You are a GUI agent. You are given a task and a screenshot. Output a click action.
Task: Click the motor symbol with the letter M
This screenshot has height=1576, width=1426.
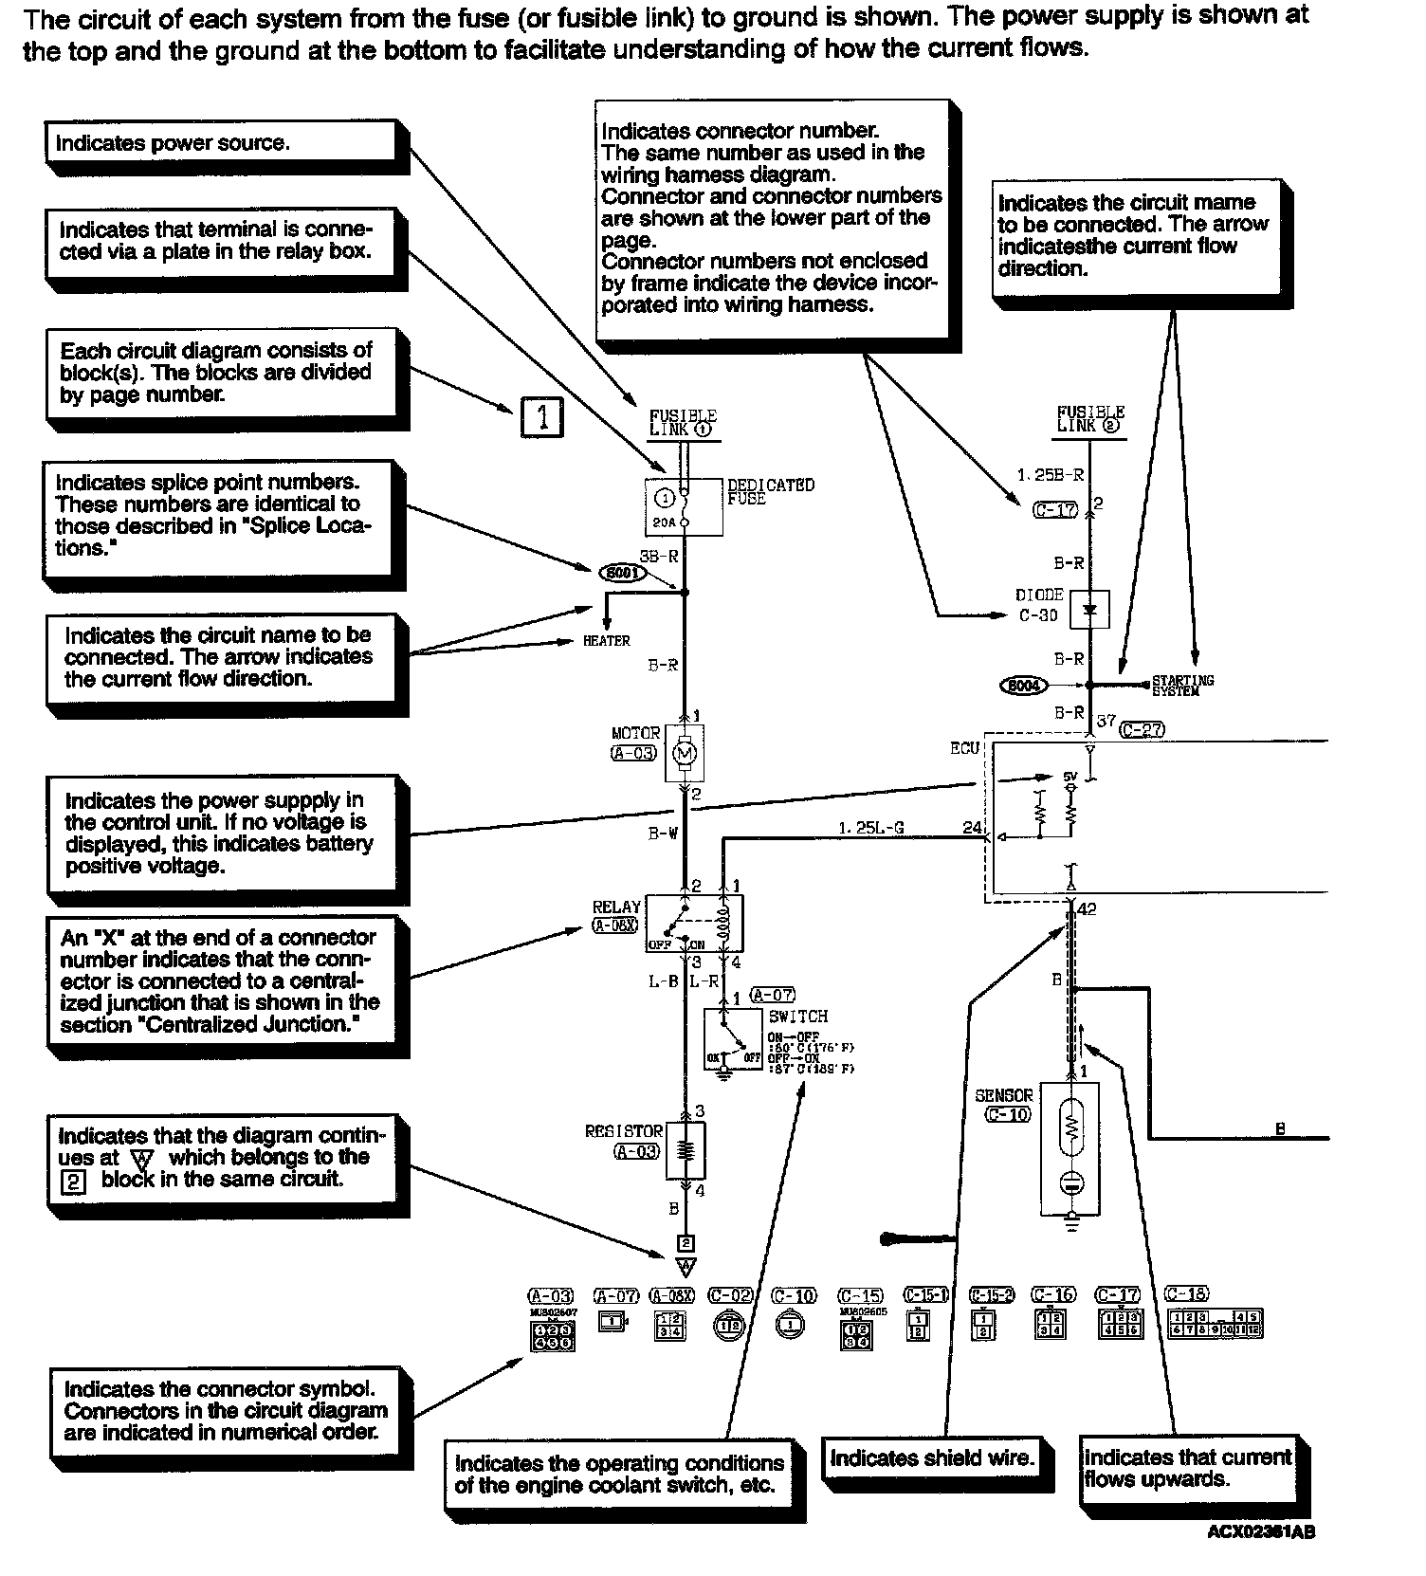pos(684,754)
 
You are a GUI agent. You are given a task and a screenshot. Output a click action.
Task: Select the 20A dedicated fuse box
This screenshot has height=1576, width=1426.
pos(684,507)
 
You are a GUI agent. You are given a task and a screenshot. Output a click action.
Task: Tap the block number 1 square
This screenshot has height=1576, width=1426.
pos(542,417)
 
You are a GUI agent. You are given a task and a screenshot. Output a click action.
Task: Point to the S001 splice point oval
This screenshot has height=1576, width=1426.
pos(623,573)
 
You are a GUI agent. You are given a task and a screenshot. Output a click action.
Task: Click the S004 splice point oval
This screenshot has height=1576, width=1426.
pos(1023,685)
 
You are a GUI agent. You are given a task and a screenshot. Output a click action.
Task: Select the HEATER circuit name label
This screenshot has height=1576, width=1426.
pos(606,641)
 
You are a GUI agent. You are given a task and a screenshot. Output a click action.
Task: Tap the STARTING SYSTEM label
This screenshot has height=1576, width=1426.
pos(1182,686)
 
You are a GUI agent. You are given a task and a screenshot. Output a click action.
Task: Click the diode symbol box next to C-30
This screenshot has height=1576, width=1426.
pos(1088,611)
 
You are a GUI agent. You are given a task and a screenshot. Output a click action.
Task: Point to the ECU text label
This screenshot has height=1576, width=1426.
pos(964,748)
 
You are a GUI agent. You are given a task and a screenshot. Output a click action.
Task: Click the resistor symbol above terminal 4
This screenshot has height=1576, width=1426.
pos(687,1150)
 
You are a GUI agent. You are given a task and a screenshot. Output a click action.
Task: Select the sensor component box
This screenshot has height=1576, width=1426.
pos(1070,1149)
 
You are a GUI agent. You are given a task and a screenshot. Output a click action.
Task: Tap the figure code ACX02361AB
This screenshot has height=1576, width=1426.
pos(1260,1532)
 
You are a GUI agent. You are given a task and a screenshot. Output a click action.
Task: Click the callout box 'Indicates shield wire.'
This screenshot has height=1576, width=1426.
pos(931,1458)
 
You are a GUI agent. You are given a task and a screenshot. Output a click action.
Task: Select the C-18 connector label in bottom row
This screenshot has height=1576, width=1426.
pos(1185,1293)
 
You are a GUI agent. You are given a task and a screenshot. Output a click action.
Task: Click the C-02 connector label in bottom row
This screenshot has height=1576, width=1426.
pos(730,1295)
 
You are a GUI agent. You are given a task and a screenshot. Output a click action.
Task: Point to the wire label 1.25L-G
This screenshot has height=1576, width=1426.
pos(870,828)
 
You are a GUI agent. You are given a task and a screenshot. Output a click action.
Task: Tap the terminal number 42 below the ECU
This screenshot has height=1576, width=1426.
pos(1087,909)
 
